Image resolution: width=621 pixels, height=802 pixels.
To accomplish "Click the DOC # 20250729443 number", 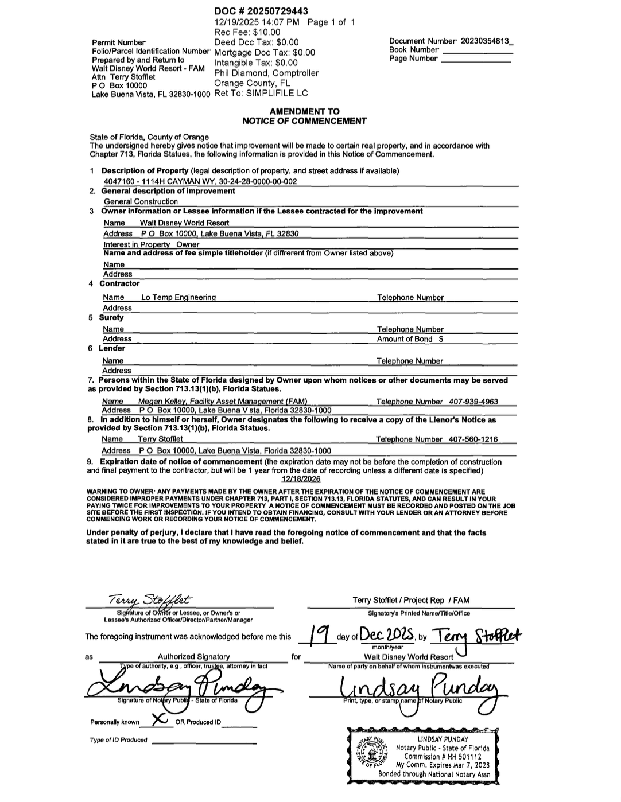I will point(261,11).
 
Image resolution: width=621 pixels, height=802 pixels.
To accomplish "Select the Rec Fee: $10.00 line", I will point(247,32).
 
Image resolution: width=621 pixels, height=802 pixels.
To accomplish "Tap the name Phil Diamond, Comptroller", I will point(266,73).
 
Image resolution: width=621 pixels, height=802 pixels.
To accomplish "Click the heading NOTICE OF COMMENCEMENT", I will point(304,121).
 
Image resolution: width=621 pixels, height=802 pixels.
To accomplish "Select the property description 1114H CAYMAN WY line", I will point(200,181).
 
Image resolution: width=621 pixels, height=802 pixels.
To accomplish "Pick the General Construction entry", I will point(141,201).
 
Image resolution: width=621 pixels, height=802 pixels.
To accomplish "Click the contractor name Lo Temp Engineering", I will point(178,297).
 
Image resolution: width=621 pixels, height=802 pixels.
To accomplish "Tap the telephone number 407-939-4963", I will point(473,402).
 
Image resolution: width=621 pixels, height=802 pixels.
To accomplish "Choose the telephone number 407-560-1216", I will point(473,439).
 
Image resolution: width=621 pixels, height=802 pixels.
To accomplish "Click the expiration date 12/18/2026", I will point(301,479).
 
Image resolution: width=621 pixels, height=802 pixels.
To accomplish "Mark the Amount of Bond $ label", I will point(410,339).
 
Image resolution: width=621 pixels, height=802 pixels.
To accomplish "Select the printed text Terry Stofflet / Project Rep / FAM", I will point(411,600).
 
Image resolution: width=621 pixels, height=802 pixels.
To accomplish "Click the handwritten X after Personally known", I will point(161,719).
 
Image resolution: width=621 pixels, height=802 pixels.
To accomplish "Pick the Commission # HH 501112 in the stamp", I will point(443,757).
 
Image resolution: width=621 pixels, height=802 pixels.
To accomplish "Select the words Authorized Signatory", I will point(193,657).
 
